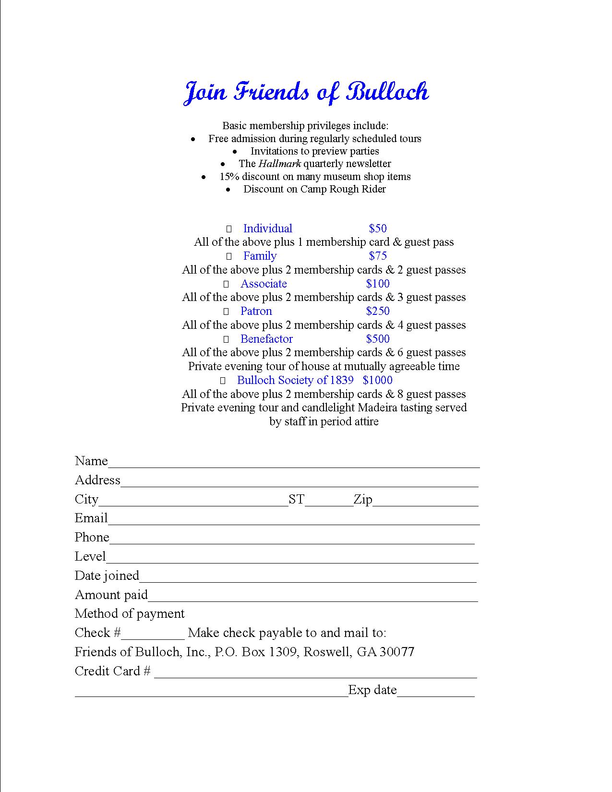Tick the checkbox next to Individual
[x=229, y=229]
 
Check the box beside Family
[x=229, y=257]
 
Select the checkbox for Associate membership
[x=226, y=285]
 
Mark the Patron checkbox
[x=226, y=312]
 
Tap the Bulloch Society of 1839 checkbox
[x=223, y=381]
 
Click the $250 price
[x=378, y=311]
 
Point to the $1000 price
[x=378, y=380]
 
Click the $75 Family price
[x=378, y=256]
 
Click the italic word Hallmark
[x=279, y=164]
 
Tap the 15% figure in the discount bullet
[x=229, y=177]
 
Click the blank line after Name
[x=294, y=463]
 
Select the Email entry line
[x=294, y=520]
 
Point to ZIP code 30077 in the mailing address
[x=397, y=652]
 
